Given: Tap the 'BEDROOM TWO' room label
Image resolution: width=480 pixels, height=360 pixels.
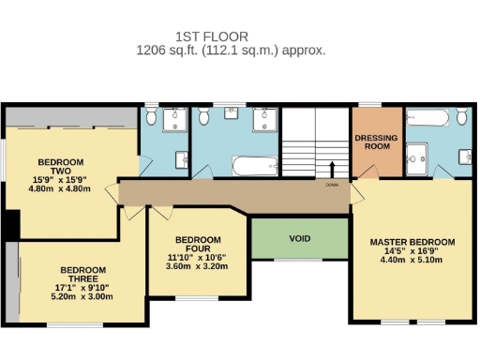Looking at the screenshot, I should pos(53,164).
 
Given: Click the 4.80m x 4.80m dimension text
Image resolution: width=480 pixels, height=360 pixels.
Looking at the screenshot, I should pos(59,188).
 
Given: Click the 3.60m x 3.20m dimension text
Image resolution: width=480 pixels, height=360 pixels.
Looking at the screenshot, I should pos(198,265).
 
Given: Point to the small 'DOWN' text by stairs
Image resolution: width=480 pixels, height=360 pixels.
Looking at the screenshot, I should pos(332,185).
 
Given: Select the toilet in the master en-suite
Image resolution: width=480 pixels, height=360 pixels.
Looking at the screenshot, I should pos(463,116).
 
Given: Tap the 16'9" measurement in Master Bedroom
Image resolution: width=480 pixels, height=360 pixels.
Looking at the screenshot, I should pos(439,252).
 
